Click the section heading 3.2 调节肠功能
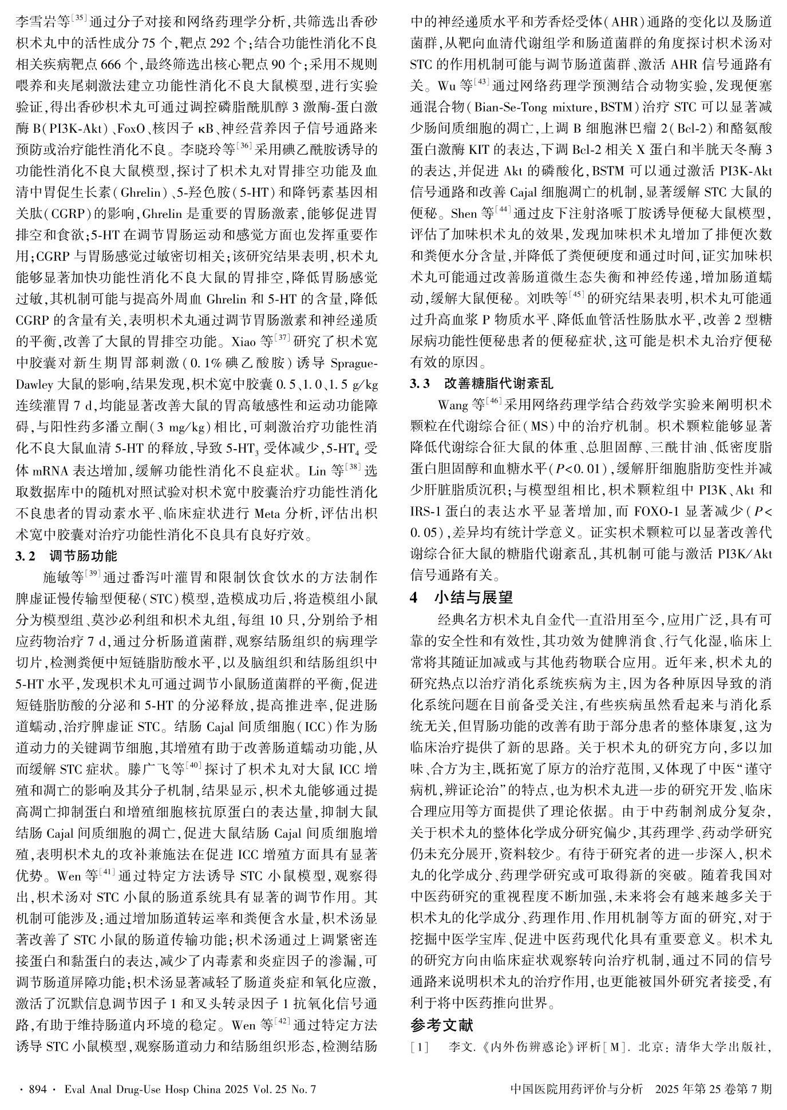[66, 556]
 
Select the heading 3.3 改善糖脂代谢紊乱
[481, 383]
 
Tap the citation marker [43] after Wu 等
[481, 84]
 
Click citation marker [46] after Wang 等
[494, 402]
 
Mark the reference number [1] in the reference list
[420, 1048]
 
